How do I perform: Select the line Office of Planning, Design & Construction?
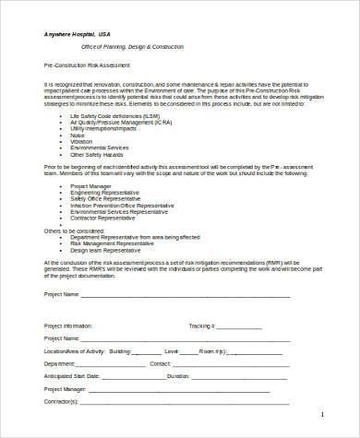pos(120,46)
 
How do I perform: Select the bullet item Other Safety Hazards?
pos(97,153)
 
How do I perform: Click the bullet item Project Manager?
pos(90,185)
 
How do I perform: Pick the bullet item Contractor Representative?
pos(104,218)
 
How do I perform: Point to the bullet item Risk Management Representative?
pos(115,243)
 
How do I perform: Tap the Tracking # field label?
pos(201,326)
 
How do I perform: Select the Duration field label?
pos(180,376)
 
